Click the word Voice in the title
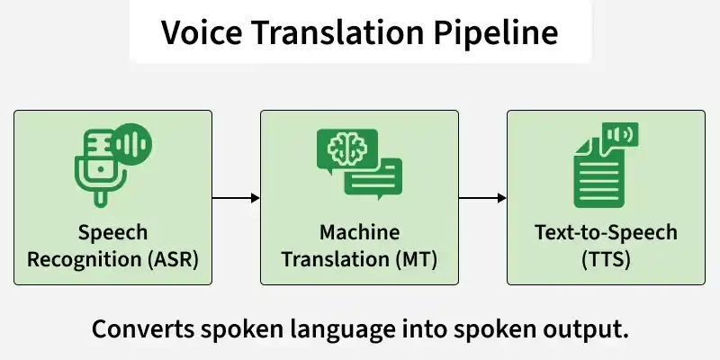coord(201,32)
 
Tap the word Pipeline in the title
coord(496,33)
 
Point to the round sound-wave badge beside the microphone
coord(131,144)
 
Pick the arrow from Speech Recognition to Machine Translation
coord(236,198)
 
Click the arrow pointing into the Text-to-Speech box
coord(482,198)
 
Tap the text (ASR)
coord(173,259)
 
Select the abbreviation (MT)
coord(416,259)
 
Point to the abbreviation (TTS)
coord(606,259)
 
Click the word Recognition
coord(85,260)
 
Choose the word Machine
coord(359,232)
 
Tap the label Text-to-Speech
coord(606,233)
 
